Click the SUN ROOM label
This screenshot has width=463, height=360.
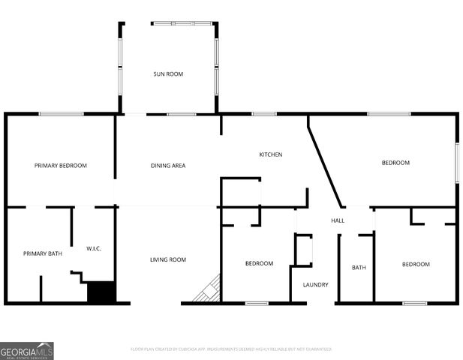(168, 73)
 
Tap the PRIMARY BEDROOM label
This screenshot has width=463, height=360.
(61, 165)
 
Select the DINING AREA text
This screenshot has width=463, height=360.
(168, 165)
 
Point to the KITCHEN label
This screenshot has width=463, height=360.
(270, 154)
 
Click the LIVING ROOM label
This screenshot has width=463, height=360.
(168, 259)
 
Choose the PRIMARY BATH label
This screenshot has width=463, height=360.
(42, 253)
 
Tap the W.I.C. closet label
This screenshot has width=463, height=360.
(94, 248)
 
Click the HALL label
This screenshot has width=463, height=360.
(338, 220)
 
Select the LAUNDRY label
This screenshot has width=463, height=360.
(315, 284)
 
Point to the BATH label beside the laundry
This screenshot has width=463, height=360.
(358, 267)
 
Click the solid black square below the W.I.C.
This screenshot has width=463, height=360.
(101, 292)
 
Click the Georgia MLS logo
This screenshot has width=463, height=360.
(27, 351)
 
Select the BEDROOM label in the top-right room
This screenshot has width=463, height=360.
(395, 163)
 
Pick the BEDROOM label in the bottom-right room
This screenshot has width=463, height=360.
(415, 264)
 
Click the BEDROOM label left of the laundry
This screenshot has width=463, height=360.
(259, 263)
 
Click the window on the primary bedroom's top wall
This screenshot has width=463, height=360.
(61, 114)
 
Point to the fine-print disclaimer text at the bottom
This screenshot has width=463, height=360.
(231, 349)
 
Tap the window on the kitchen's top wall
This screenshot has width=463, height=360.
(264, 114)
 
